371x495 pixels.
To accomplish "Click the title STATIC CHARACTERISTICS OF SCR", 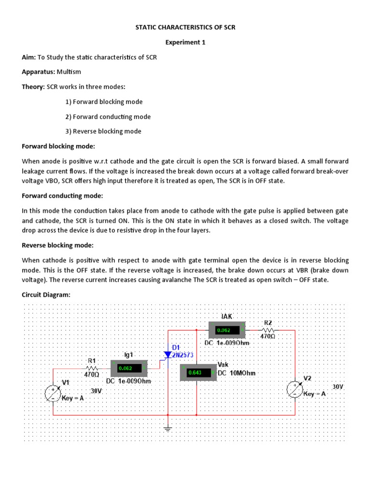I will [x=185, y=28].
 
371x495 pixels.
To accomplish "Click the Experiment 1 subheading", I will [x=185, y=42].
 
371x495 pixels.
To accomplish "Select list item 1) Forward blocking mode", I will [x=104, y=102].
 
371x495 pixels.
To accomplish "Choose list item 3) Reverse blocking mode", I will [x=103, y=131].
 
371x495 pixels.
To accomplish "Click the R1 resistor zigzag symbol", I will [x=92, y=367].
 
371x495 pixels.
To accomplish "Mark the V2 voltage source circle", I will [x=295, y=390].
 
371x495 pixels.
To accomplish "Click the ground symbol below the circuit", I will [x=168, y=428].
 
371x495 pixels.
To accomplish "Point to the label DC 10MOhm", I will [x=237, y=373].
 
